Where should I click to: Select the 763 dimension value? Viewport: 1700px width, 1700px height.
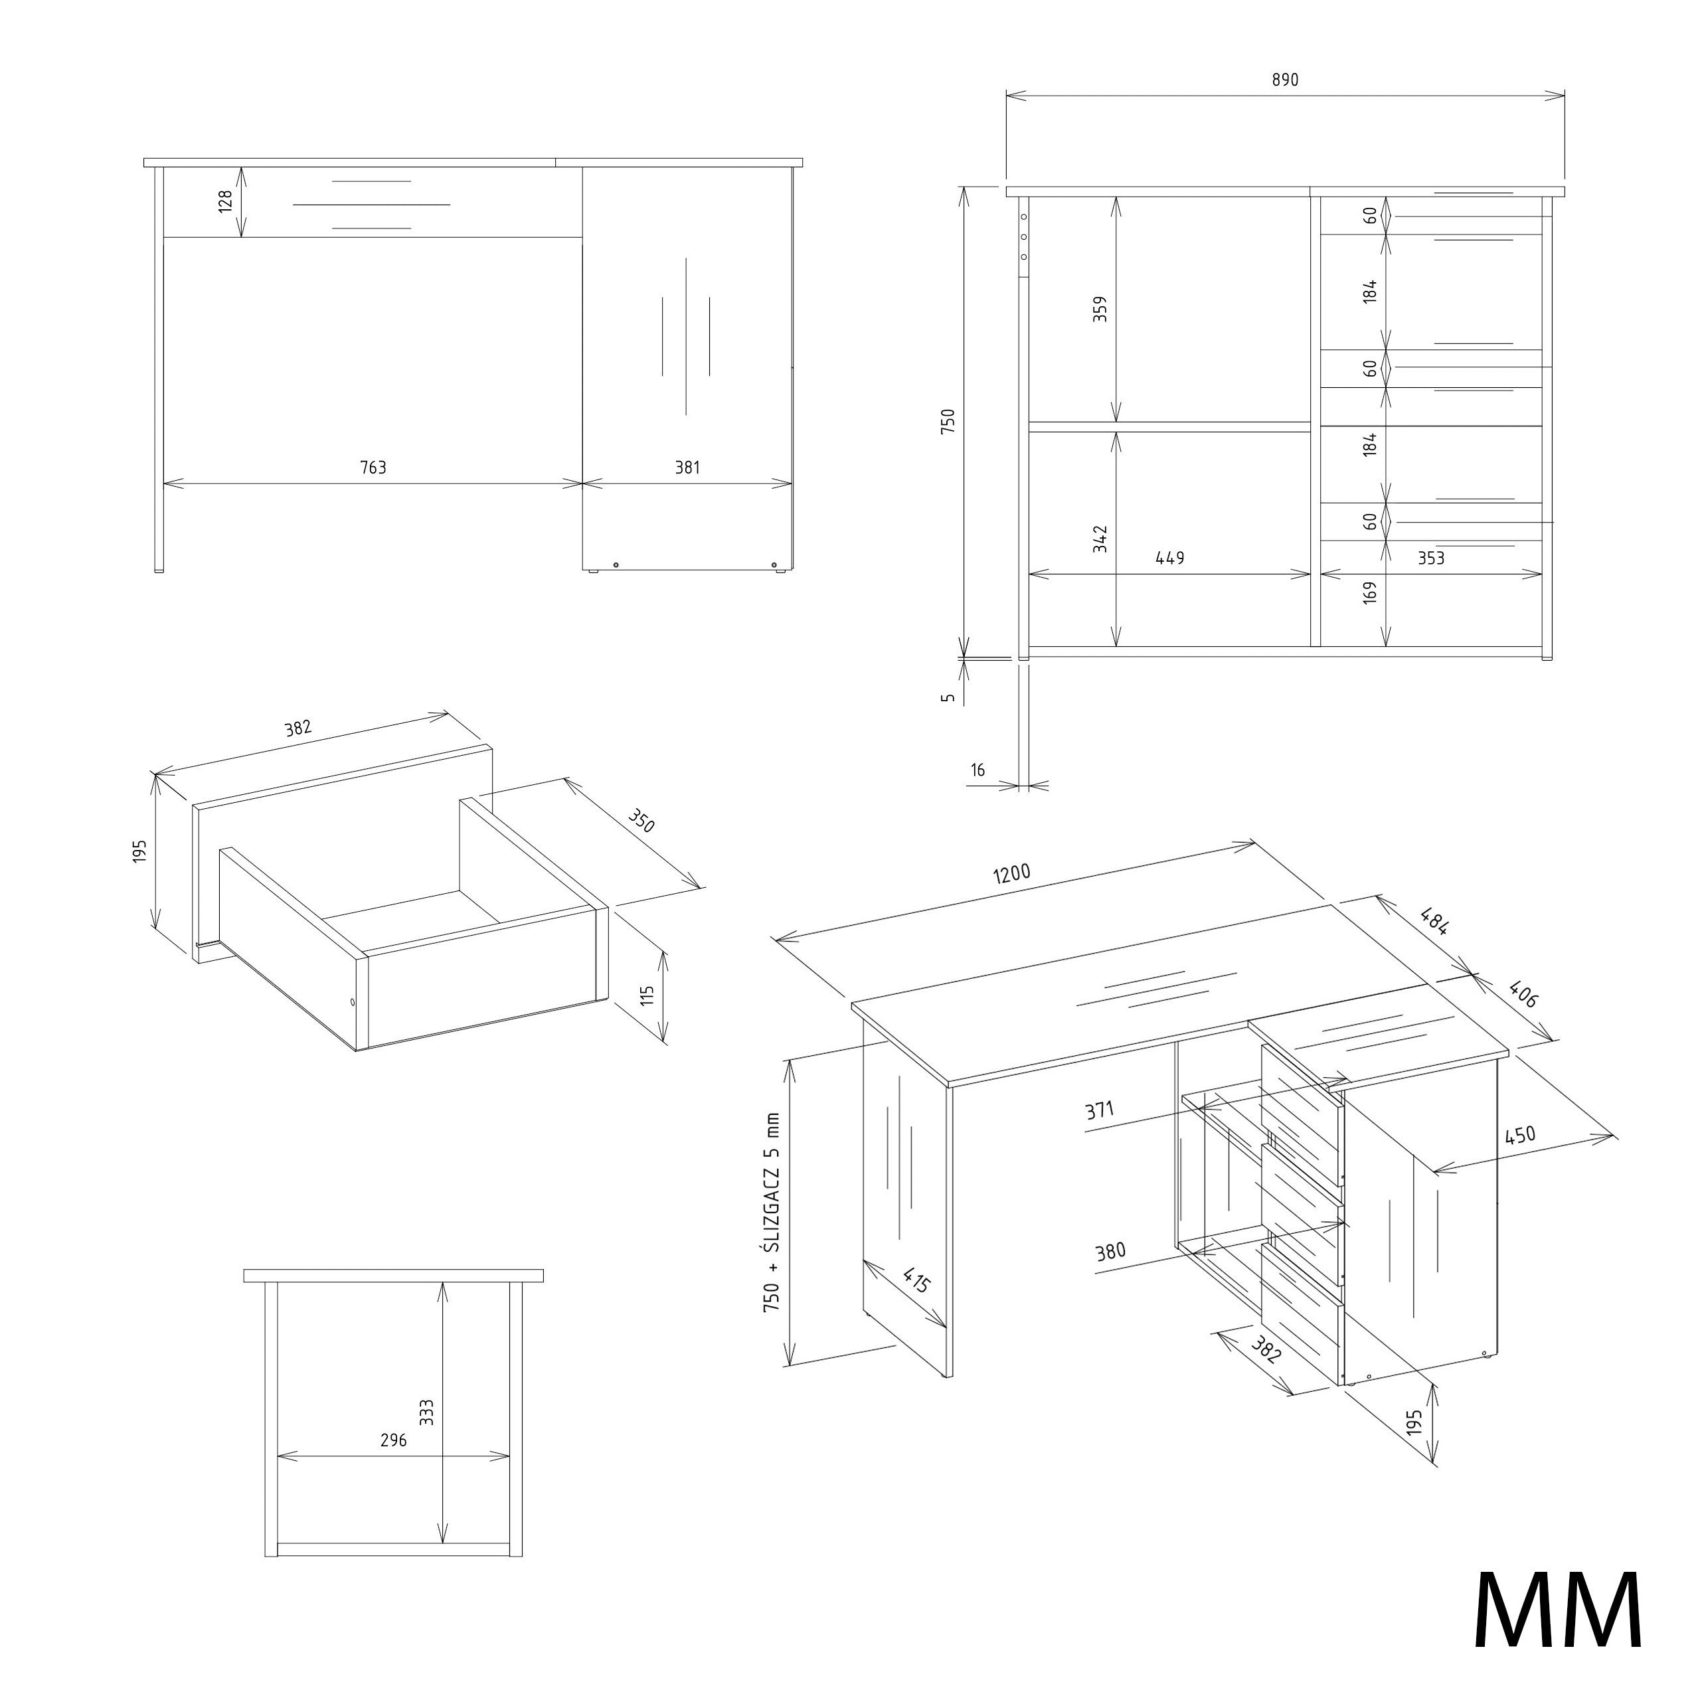(373, 467)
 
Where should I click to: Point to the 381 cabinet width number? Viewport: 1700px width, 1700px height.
(687, 467)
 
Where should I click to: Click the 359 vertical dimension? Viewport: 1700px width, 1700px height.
(1100, 309)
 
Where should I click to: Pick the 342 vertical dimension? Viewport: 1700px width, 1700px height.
(1100, 539)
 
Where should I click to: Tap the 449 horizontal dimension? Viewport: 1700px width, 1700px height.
(1170, 558)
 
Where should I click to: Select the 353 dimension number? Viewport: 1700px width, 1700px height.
(1431, 558)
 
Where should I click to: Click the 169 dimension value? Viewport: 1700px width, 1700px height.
(1369, 592)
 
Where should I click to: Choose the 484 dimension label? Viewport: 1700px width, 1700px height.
(1434, 920)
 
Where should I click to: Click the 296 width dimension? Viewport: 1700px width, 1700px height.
(393, 1440)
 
